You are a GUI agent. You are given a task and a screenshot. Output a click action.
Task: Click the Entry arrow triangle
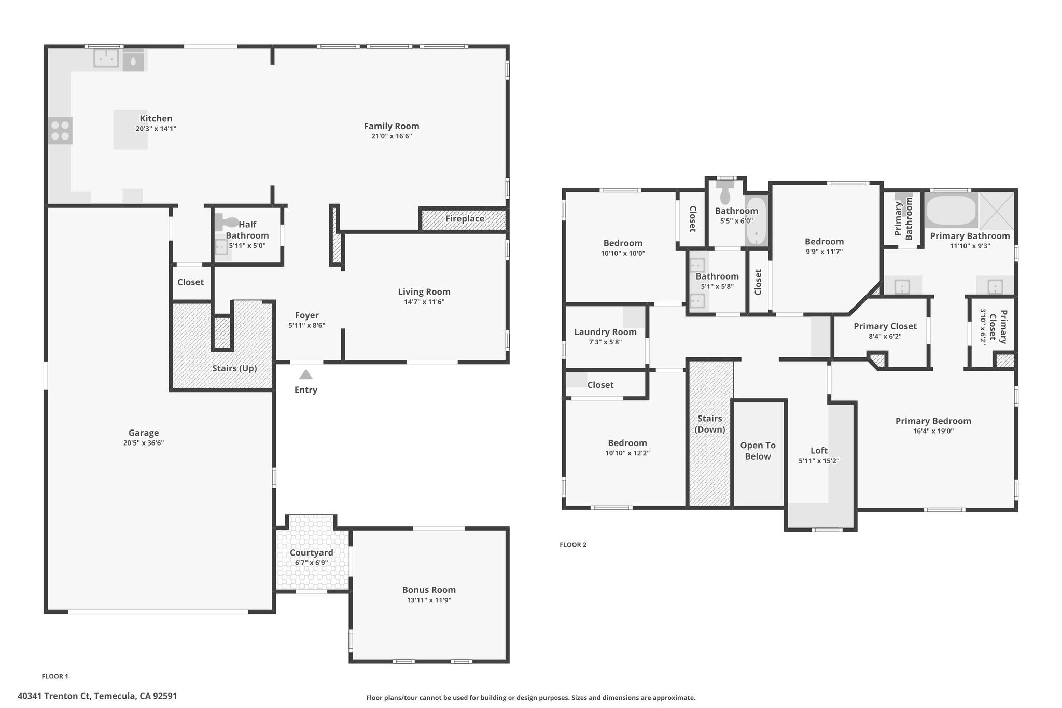click(x=306, y=374)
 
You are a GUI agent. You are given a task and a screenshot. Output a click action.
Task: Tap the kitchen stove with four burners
click(x=60, y=130)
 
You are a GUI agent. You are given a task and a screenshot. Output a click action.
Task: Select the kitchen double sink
click(x=106, y=58)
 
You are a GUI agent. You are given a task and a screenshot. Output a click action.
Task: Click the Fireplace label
click(x=465, y=219)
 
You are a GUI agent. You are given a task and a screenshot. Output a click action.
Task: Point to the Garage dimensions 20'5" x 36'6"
click(x=144, y=443)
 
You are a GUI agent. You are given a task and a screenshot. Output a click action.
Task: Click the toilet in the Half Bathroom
click(x=227, y=222)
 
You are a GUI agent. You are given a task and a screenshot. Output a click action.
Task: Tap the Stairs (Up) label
click(x=234, y=369)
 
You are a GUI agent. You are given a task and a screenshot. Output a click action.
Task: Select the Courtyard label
click(x=312, y=553)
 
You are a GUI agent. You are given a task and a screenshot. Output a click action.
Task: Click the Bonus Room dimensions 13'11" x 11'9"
click(x=429, y=600)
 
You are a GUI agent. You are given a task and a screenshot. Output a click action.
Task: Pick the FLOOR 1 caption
click(x=55, y=676)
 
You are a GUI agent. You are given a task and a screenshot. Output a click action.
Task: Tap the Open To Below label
click(x=758, y=451)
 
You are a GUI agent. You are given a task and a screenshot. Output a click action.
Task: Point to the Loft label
click(x=819, y=451)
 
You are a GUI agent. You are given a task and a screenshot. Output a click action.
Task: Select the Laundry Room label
click(x=605, y=332)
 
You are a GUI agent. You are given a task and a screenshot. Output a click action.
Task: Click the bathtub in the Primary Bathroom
click(x=951, y=210)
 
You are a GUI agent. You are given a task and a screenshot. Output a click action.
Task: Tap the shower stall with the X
click(x=996, y=211)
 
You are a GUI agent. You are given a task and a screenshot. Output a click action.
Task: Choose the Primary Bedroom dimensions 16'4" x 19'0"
click(x=933, y=431)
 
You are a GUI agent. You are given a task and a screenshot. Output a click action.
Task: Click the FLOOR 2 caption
click(x=573, y=545)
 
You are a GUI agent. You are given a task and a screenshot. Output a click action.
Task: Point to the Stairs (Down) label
click(x=709, y=424)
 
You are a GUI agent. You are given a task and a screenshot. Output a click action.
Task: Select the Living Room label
click(x=424, y=292)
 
